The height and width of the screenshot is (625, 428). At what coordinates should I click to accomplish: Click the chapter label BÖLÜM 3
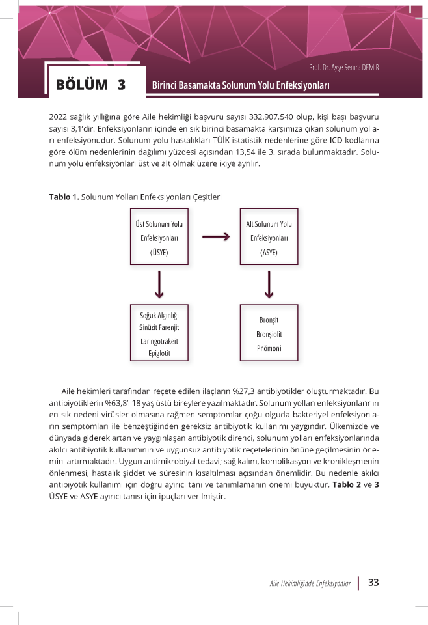pos(91,85)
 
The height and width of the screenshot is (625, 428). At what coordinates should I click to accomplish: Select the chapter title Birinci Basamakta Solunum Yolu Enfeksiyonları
pos(241,86)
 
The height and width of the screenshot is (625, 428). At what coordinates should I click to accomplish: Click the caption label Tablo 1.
pos(63,196)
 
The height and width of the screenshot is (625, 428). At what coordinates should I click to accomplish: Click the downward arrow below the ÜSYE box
pos(159,283)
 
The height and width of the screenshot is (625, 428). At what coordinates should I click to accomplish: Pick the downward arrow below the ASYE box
pos(269,283)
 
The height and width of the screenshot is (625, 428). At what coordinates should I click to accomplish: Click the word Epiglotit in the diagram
pos(159,354)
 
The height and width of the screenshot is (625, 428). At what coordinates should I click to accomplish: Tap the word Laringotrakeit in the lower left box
pos(159,341)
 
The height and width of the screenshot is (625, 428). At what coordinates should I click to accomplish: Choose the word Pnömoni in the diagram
pos(269,348)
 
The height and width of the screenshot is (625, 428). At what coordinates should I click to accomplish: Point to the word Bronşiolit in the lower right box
pos(269,334)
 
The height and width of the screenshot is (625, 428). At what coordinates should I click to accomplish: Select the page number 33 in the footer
pos(373,583)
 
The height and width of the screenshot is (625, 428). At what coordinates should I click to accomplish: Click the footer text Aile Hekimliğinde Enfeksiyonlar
pos(310,583)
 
